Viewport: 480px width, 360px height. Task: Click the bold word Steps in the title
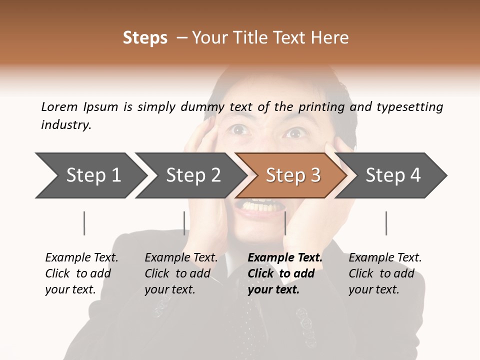click(145, 38)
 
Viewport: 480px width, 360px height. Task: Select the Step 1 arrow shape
click(90, 175)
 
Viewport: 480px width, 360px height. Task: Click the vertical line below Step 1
click(84, 223)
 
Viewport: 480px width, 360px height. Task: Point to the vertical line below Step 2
click(184, 223)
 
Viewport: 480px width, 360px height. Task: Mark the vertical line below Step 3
click(285, 223)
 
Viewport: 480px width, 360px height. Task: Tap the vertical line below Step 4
click(386, 223)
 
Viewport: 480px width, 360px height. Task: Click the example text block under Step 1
click(81, 273)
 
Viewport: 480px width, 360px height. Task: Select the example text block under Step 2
click(181, 273)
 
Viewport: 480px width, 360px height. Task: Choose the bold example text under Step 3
click(284, 273)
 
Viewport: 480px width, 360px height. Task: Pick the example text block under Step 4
click(384, 273)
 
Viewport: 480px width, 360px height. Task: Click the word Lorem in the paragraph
click(59, 106)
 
